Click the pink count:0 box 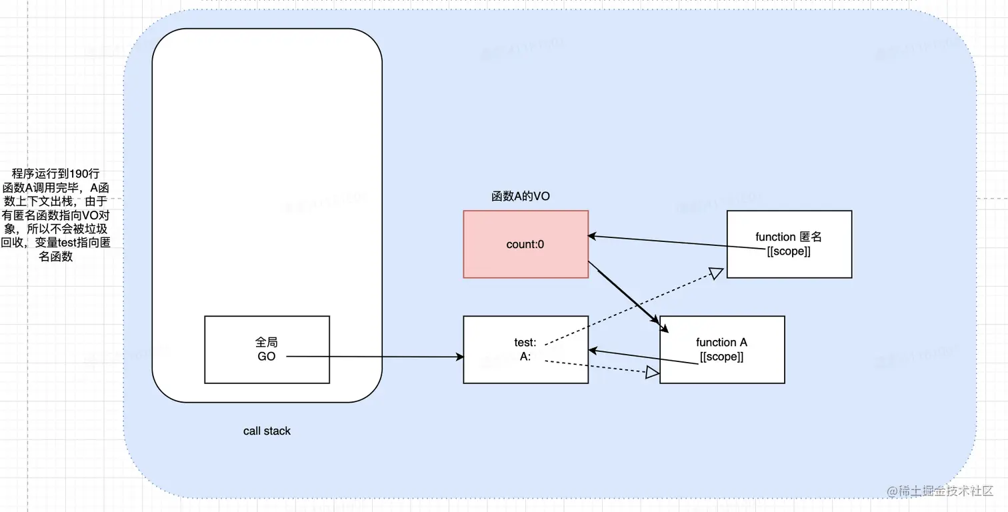pos(525,244)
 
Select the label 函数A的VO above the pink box pos(520,197)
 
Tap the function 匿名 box pos(789,244)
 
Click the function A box pos(721,349)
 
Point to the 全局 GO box pos(267,349)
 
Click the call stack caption pos(267,431)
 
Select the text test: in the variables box pos(525,343)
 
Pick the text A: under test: pos(525,357)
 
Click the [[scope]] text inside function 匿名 pos(789,251)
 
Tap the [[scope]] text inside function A pos(721,357)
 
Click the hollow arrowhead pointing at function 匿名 pos(716,272)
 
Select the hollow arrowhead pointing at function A pos(652,373)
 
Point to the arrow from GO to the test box pos(373,357)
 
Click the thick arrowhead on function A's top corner pos(663,327)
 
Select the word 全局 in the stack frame pos(267,342)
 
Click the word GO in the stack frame pos(267,357)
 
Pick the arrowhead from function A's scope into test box pos(593,350)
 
